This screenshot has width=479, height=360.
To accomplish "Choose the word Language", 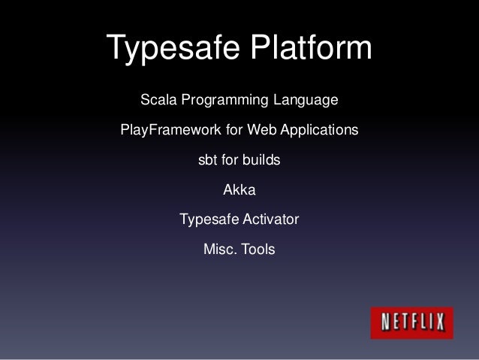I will tap(306, 101).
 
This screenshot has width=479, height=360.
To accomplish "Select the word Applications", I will tap(315, 132).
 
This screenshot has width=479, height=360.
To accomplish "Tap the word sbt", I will tap(207, 161).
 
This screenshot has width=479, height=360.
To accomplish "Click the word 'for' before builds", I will tap(233, 161).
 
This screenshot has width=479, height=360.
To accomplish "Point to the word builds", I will tap(264, 161).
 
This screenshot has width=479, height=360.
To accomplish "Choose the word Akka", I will tap(239, 191).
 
